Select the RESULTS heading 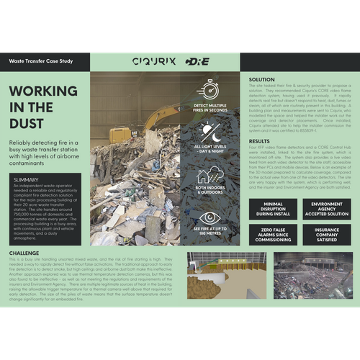pyautogui.click(x=259, y=140)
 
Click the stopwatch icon pyautogui.click(x=210, y=89)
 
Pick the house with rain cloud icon pyautogui.click(x=210, y=175)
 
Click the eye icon pyautogui.click(x=210, y=217)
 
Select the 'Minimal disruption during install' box pyautogui.click(x=273, y=210)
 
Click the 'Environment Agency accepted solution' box pyautogui.click(x=322, y=210)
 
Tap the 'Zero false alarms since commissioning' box pyautogui.click(x=273, y=235)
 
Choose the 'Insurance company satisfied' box pyautogui.click(x=322, y=235)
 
